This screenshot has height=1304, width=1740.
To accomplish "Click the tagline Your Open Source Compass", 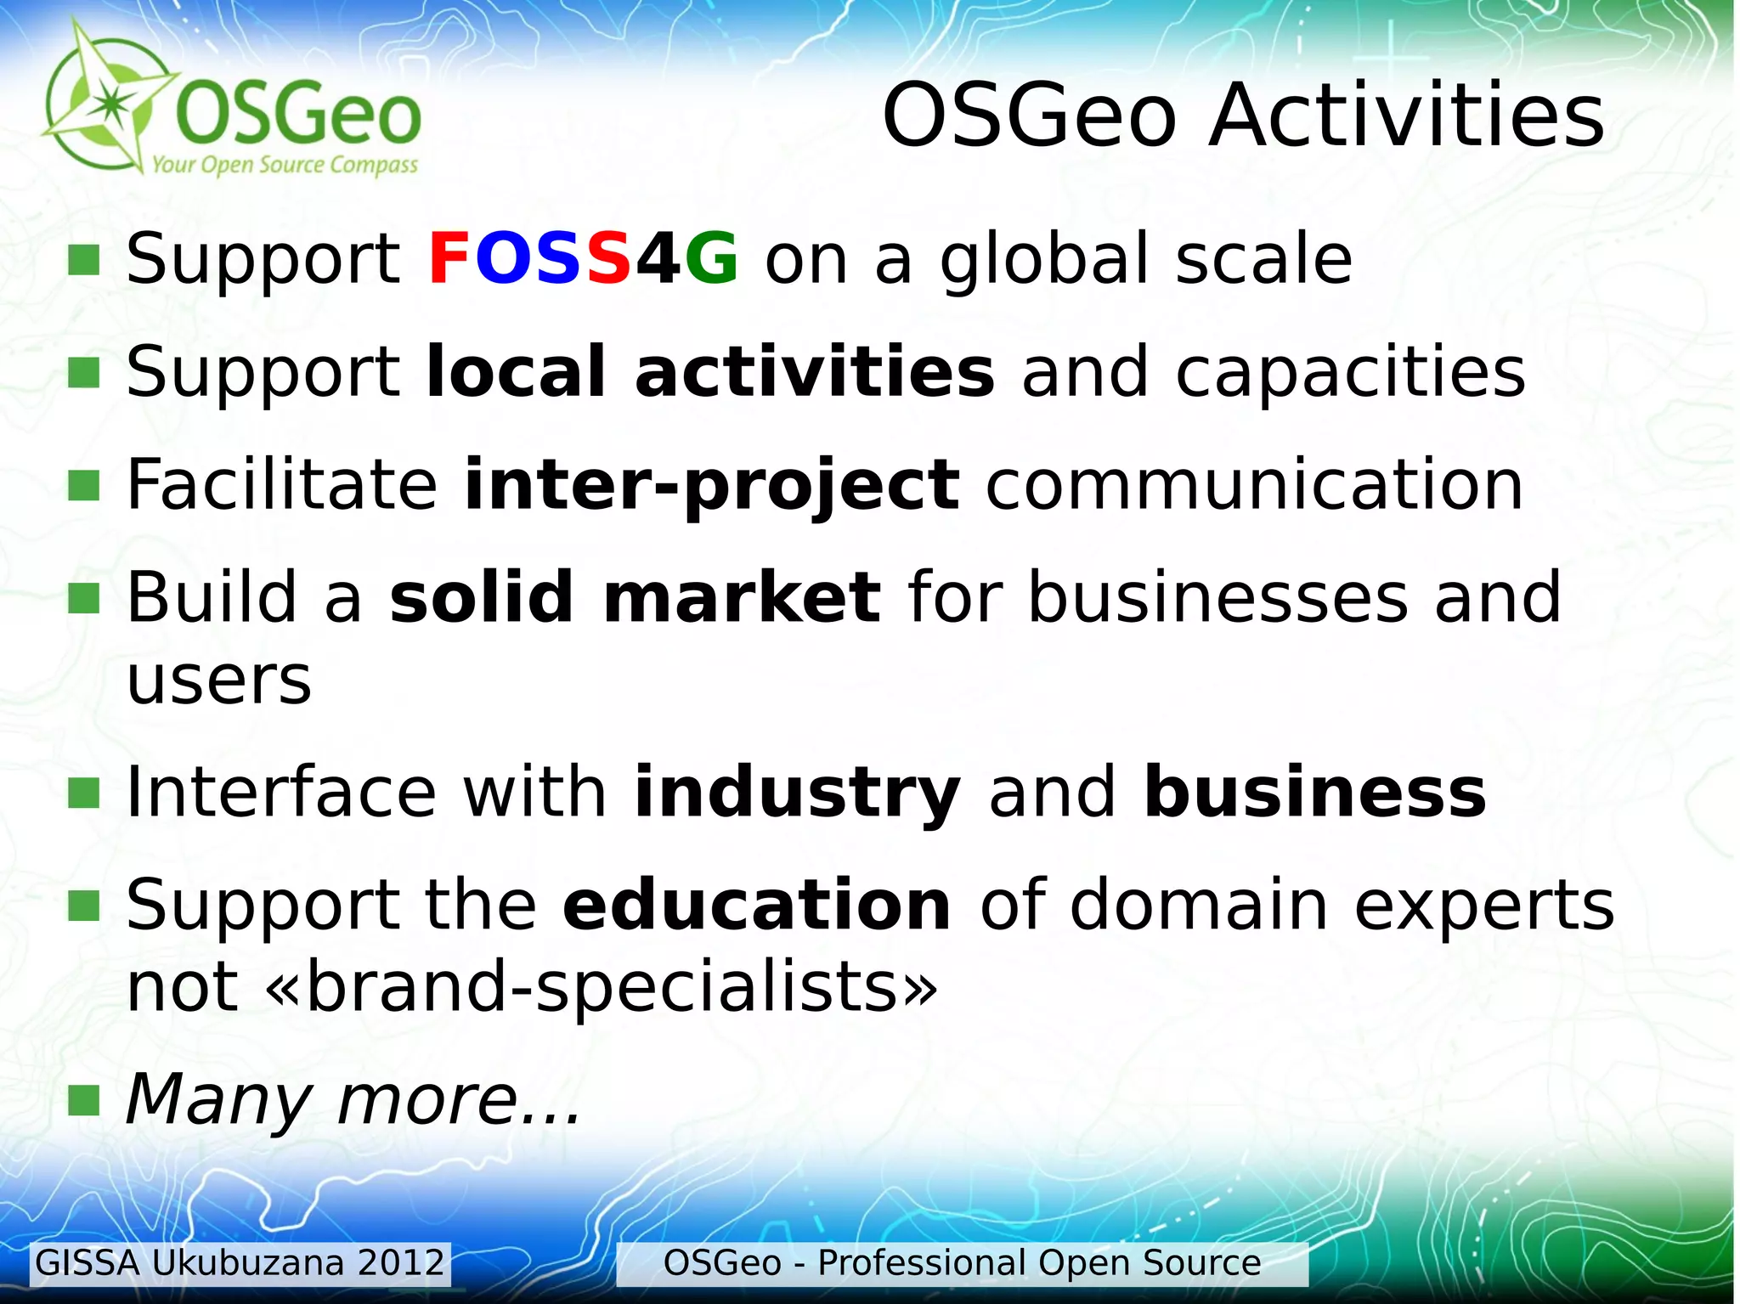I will (285, 165).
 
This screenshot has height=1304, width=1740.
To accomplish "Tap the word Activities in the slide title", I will (1406, 116).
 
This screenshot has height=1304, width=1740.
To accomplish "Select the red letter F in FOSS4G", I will (449, 259).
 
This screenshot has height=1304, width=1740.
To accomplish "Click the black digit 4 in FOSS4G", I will (658, 259).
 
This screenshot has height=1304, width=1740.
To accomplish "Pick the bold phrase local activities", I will (709, 372).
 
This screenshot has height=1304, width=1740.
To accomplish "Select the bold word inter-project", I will (712, 486).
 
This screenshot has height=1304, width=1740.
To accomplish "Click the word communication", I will (1254, 485).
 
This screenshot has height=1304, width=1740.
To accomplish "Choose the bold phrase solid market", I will (635, 597).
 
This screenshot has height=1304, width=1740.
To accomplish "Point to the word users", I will (219, 680).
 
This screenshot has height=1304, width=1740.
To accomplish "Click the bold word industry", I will (797, 793).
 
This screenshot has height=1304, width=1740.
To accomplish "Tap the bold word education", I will (756, 906).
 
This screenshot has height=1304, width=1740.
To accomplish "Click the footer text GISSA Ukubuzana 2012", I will (240, 1263).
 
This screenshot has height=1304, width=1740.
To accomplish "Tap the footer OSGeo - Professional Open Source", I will (961, 1263).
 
